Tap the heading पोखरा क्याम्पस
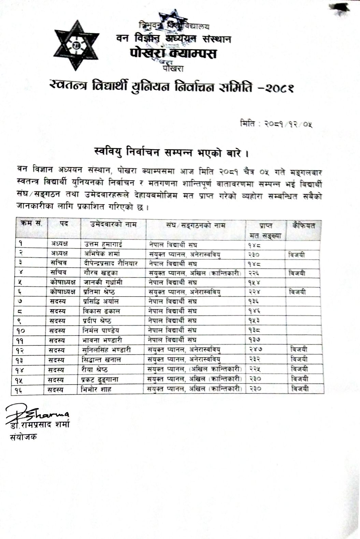(x=173, y=54)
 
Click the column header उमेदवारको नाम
(x=114, y=224)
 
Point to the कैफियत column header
(x=303, y=225)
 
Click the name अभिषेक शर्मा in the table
(x=102, y=254)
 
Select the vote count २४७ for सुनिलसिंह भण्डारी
(x=255, y=350)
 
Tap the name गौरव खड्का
(x=101, y=273)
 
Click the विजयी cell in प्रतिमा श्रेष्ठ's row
(x=297, y=292)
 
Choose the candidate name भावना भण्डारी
(x=103, y=340)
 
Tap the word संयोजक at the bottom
(x=23, y=437)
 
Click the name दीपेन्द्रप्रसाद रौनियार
(x=111, y=263)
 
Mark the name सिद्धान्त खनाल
(x=102, y=359)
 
